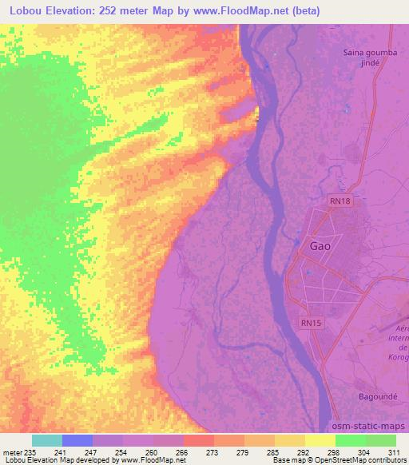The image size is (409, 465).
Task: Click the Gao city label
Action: point(320,247)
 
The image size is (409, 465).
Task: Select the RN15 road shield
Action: point(312,323)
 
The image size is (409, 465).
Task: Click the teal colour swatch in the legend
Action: point(47,440)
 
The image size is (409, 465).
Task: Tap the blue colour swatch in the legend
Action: point(77,440)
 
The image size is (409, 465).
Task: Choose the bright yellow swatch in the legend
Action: point(320,440)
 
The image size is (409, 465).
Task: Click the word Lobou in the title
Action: point(26,10)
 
